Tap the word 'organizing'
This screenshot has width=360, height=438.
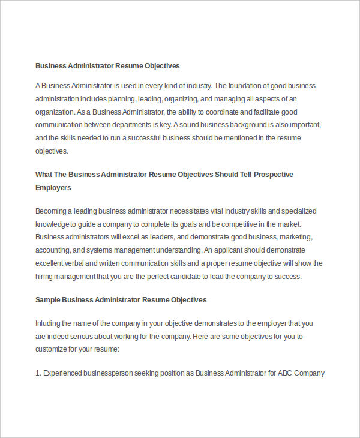coord(182,98)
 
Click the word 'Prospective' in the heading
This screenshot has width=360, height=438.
coord(273,175)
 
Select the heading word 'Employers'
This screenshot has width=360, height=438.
coord(53,188)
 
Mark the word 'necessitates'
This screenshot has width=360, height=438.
coord(192,211)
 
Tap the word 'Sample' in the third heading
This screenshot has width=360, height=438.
coord(47,299)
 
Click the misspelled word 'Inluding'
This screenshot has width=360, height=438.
coord(49,323)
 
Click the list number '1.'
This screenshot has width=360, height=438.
coord(38,373)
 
